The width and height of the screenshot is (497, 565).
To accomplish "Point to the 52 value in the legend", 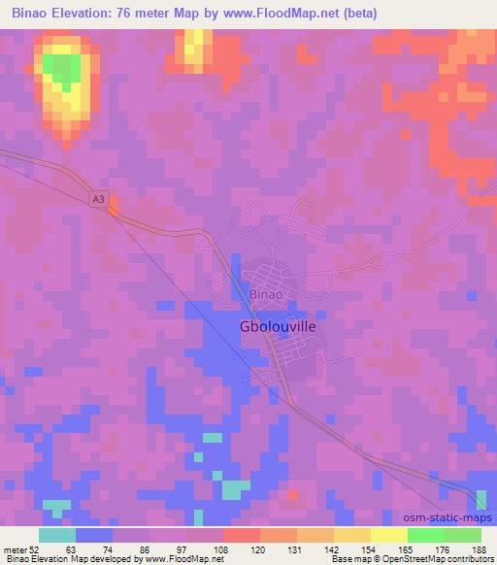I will pyautogui.click(x=38, y=550).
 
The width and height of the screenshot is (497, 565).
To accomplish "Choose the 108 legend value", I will pyautogui.click(x=223, y=550).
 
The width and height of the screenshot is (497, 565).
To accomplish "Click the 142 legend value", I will pyautogui.click(x=334, y=550).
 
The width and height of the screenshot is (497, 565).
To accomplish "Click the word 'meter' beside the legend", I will pyautogui.click(x=17, y=550).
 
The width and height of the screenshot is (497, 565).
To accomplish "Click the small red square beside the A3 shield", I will pyautogui.click(x=114, y=205).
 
